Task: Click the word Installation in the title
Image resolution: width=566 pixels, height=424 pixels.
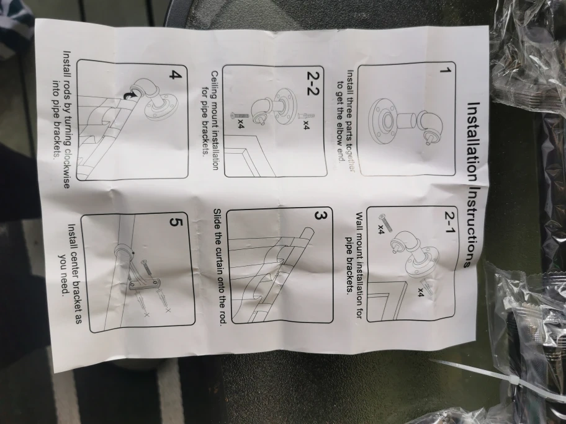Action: [x=474, y=142]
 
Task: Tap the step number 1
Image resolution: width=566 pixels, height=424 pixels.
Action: [x=446, y=70]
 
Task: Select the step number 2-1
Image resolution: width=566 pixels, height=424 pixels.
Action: [x=449, y=222]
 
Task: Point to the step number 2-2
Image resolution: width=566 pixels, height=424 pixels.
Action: [x=313, y=83]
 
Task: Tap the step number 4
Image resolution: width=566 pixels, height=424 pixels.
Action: [x=176, y=76]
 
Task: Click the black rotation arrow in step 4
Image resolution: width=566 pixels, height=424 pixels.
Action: [x=128, y=94]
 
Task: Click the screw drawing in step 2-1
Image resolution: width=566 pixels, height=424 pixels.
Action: [x=386, y=222]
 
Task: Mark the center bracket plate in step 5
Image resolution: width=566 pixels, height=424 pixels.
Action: [x=143, y=283]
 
